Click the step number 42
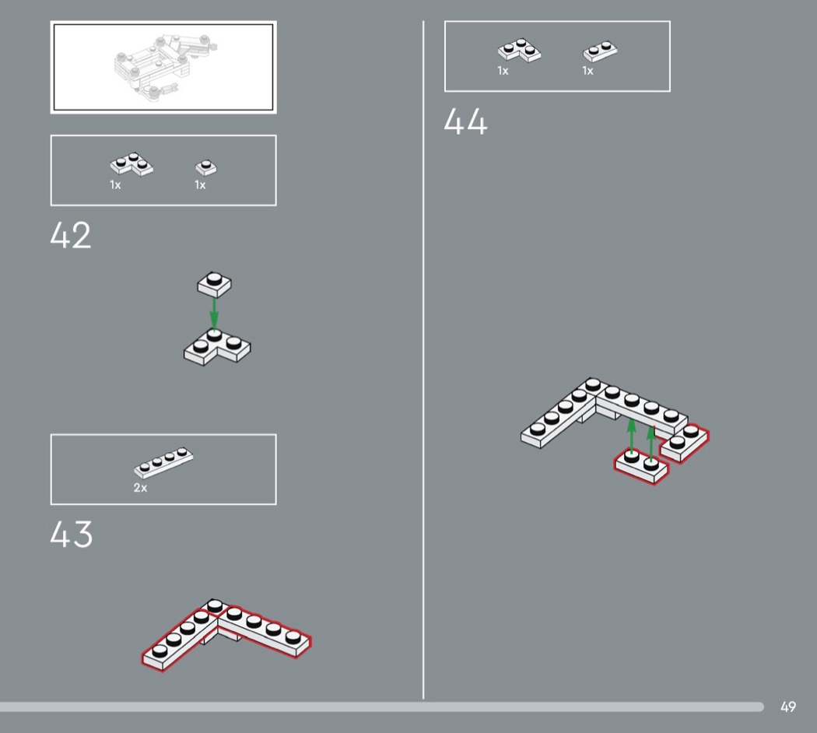70,236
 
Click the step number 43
72,534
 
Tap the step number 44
465,122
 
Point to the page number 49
787,707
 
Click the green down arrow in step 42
214,313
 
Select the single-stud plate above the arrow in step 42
214,284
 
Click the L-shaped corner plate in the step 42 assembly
217,348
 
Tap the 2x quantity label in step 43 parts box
140,488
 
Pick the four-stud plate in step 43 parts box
163,463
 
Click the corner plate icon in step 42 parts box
131,165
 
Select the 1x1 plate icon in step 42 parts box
206,168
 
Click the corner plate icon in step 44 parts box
519,51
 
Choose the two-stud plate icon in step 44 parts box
600,51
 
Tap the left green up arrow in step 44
632,436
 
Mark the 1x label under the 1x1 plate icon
200,185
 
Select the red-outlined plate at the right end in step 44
685,443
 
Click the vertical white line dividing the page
423,359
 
